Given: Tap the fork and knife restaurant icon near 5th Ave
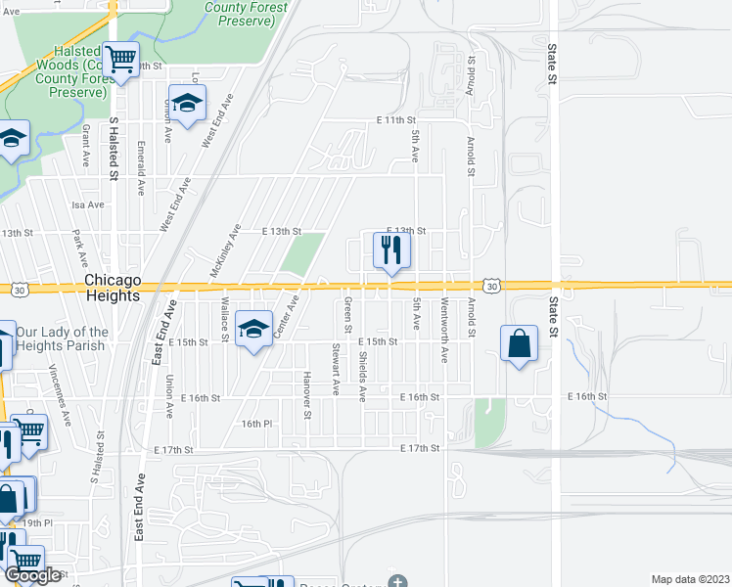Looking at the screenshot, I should (x=391, y=251).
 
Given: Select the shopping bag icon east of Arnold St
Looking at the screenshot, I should (x=518, y=344).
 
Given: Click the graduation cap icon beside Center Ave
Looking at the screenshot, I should (x=253, y=332).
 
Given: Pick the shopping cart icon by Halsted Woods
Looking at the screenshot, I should (x=121, y=61).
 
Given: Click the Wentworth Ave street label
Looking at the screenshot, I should (x=444, y=331).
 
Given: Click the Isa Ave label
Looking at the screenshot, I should (x=88, y=204).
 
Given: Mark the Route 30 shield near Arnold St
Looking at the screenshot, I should (x=493, y=286).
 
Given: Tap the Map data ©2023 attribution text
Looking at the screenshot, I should (x=690, y=579).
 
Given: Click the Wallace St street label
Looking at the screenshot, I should (x=224, y=321).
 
